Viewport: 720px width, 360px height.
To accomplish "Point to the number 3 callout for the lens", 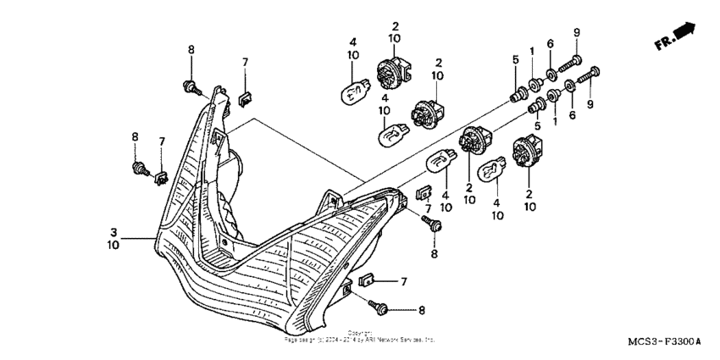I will (x=113, y=230).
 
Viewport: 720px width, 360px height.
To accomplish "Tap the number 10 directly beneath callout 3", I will (x=113, y=245).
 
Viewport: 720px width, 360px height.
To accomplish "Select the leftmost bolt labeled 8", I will (x=138, y=168).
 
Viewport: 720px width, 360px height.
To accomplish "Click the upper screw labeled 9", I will (x=573, y=61).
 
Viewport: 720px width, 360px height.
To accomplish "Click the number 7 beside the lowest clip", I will (x=405, y=280).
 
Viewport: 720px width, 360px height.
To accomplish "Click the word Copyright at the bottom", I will (x=360, y=333).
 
